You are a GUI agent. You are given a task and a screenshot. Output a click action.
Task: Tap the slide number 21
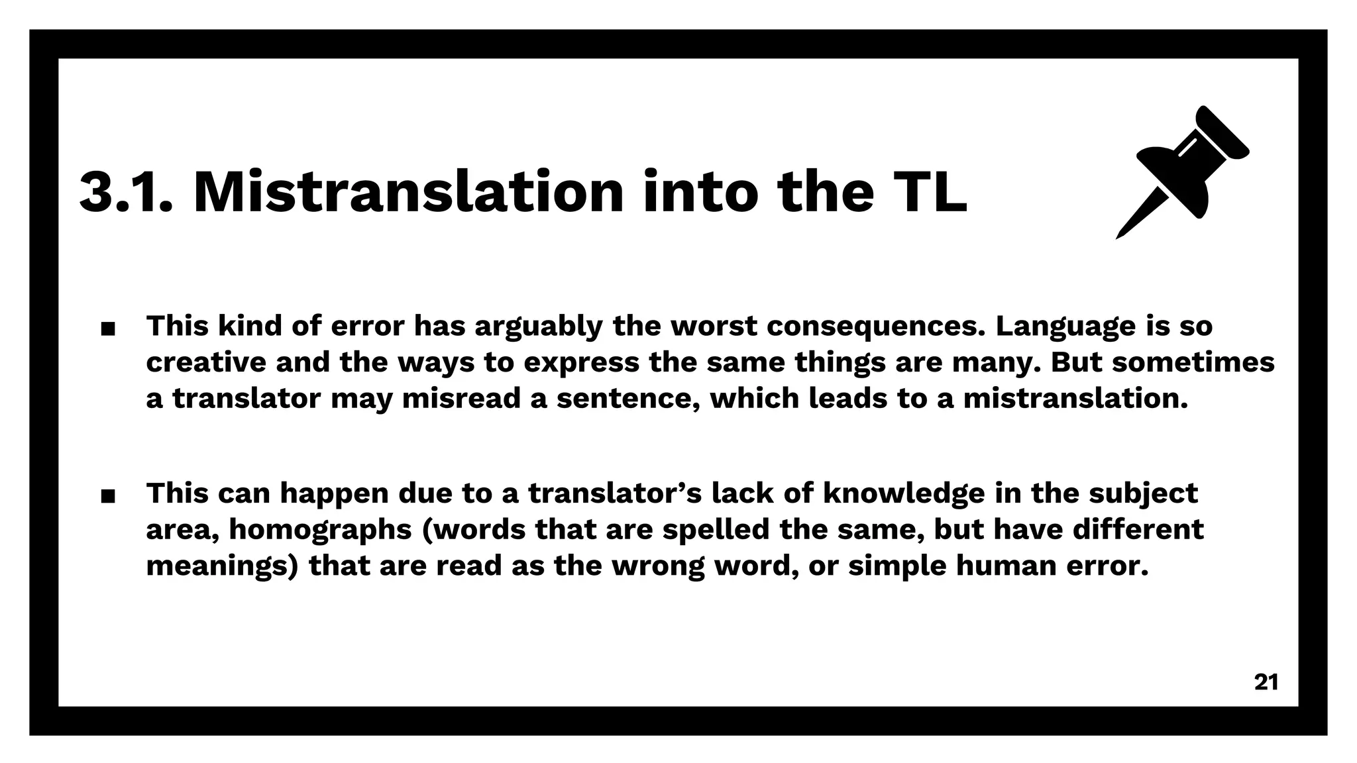pos(1266,682)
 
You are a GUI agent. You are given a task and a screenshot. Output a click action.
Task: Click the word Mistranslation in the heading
pos(408,192)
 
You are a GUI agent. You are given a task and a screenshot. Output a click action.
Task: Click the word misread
pos(461,399)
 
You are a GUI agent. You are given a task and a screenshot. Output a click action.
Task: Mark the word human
pos(1018,566)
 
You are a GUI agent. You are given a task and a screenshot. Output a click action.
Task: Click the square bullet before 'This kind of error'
pos(108,329)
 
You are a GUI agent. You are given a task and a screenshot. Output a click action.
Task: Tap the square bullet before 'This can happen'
pos(108,495)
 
